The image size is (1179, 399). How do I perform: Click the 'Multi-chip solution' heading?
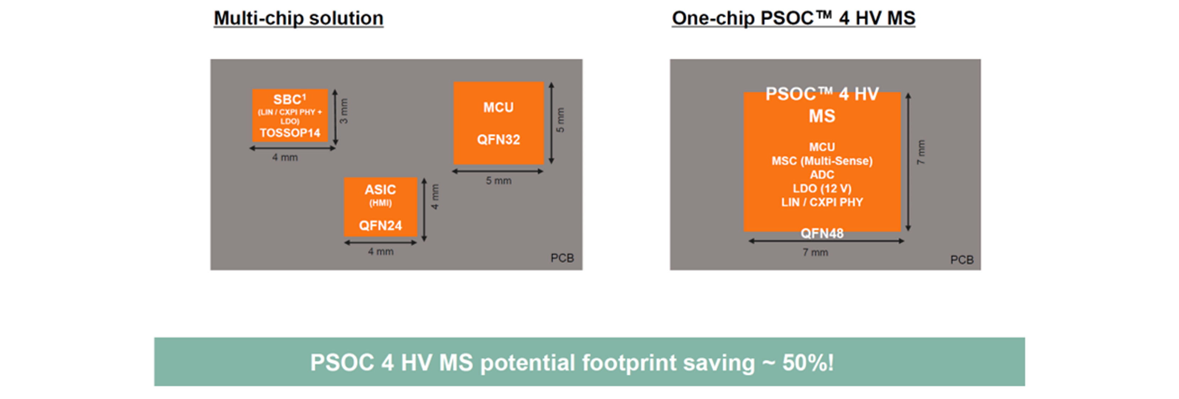298,18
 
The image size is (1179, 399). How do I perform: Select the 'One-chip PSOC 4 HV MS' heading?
793,18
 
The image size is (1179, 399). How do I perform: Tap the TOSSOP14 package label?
290,133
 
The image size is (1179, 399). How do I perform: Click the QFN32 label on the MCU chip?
499,139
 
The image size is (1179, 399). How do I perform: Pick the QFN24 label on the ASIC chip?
380,225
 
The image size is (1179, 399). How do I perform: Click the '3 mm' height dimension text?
344,111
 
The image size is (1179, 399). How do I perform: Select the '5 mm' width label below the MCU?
499,181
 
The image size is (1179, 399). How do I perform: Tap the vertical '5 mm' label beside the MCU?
560,120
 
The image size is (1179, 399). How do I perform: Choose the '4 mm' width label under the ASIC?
381,252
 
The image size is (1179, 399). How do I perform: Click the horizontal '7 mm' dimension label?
815,252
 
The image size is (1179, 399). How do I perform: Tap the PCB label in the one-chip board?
962,260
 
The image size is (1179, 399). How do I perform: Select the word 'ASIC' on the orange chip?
380,190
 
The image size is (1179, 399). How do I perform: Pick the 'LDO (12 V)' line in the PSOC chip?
822,189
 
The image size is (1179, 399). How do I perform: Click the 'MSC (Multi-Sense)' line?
822,161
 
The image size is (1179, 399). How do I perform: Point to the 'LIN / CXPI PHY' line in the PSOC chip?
822,203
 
